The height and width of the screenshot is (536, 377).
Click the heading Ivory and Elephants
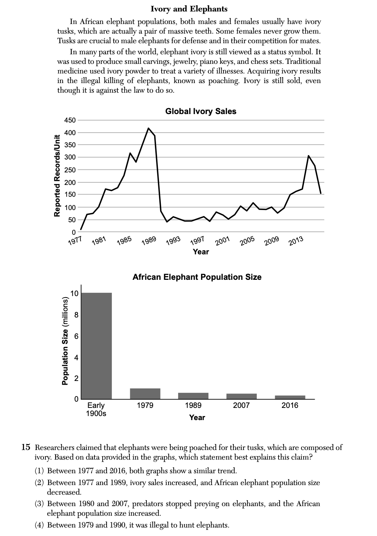pos(189,9)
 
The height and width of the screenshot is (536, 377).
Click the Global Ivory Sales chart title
pos(201,111)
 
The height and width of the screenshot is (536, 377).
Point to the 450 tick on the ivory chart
pos(70,120)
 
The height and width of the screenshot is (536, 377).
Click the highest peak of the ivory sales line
pos(148,128)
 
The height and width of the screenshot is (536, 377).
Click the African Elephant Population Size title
pos(197,277)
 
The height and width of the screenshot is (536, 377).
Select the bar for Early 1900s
pos(96,346)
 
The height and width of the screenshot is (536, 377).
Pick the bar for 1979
pos(145,394)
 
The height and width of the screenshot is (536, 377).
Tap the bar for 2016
pos(290,397)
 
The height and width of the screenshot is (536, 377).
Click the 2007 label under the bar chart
pos(241,405)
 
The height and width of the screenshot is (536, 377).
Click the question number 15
pos(25,447)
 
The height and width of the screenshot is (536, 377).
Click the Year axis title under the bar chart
pos(197,418)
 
